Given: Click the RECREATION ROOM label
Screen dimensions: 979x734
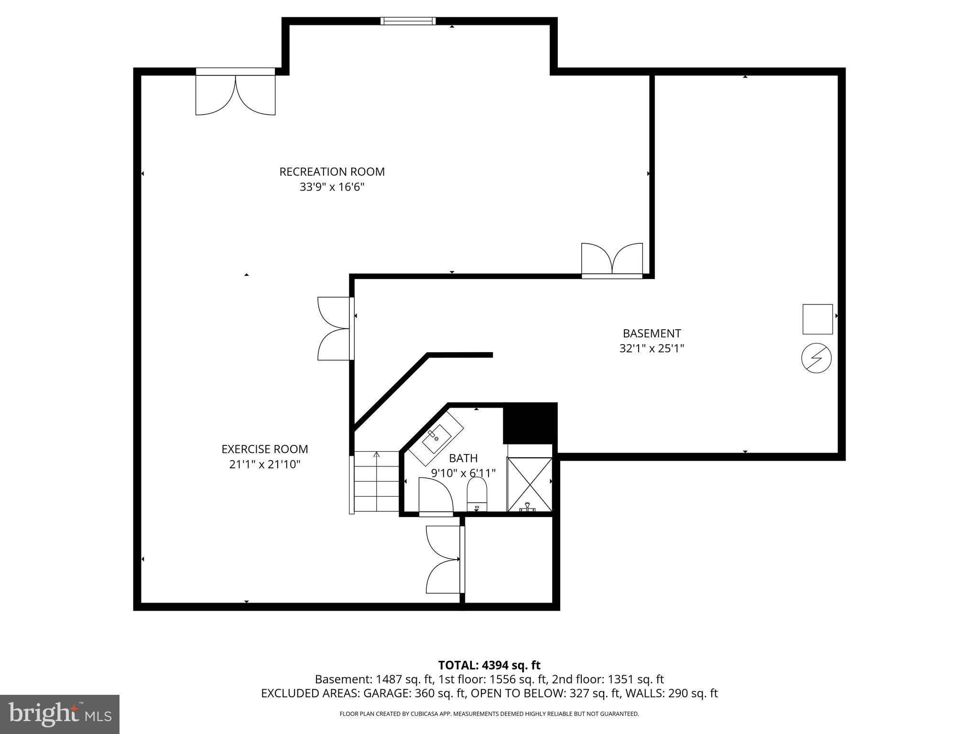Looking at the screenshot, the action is click(332, 172).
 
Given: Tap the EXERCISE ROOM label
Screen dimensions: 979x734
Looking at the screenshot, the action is click(265, 449).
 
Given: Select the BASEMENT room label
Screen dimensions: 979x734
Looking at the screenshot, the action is click(652, 333).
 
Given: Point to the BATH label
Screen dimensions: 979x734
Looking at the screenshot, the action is click(463, 458).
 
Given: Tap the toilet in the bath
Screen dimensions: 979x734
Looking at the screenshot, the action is click(477, 494).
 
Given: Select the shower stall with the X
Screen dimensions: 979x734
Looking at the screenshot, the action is click(530, 485).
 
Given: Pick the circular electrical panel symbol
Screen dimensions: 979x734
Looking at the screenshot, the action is click(816, 358).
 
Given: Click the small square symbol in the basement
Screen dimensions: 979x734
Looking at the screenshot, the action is click(817, 319).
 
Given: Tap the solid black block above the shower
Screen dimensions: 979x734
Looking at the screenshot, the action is click(530, 423).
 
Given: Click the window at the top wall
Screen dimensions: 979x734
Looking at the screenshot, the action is click(408, 21).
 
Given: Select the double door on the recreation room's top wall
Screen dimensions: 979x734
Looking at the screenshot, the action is click(235, 91).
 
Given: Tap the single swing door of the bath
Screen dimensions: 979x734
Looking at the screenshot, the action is click(435, 497).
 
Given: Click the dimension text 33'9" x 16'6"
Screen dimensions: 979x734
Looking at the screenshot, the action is click(332, 187).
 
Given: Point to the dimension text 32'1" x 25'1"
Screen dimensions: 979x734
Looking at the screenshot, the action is click(652, 348).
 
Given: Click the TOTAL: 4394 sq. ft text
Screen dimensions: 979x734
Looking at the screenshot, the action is click(489, 665).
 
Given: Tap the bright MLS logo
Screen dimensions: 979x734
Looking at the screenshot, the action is click(60, 714).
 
